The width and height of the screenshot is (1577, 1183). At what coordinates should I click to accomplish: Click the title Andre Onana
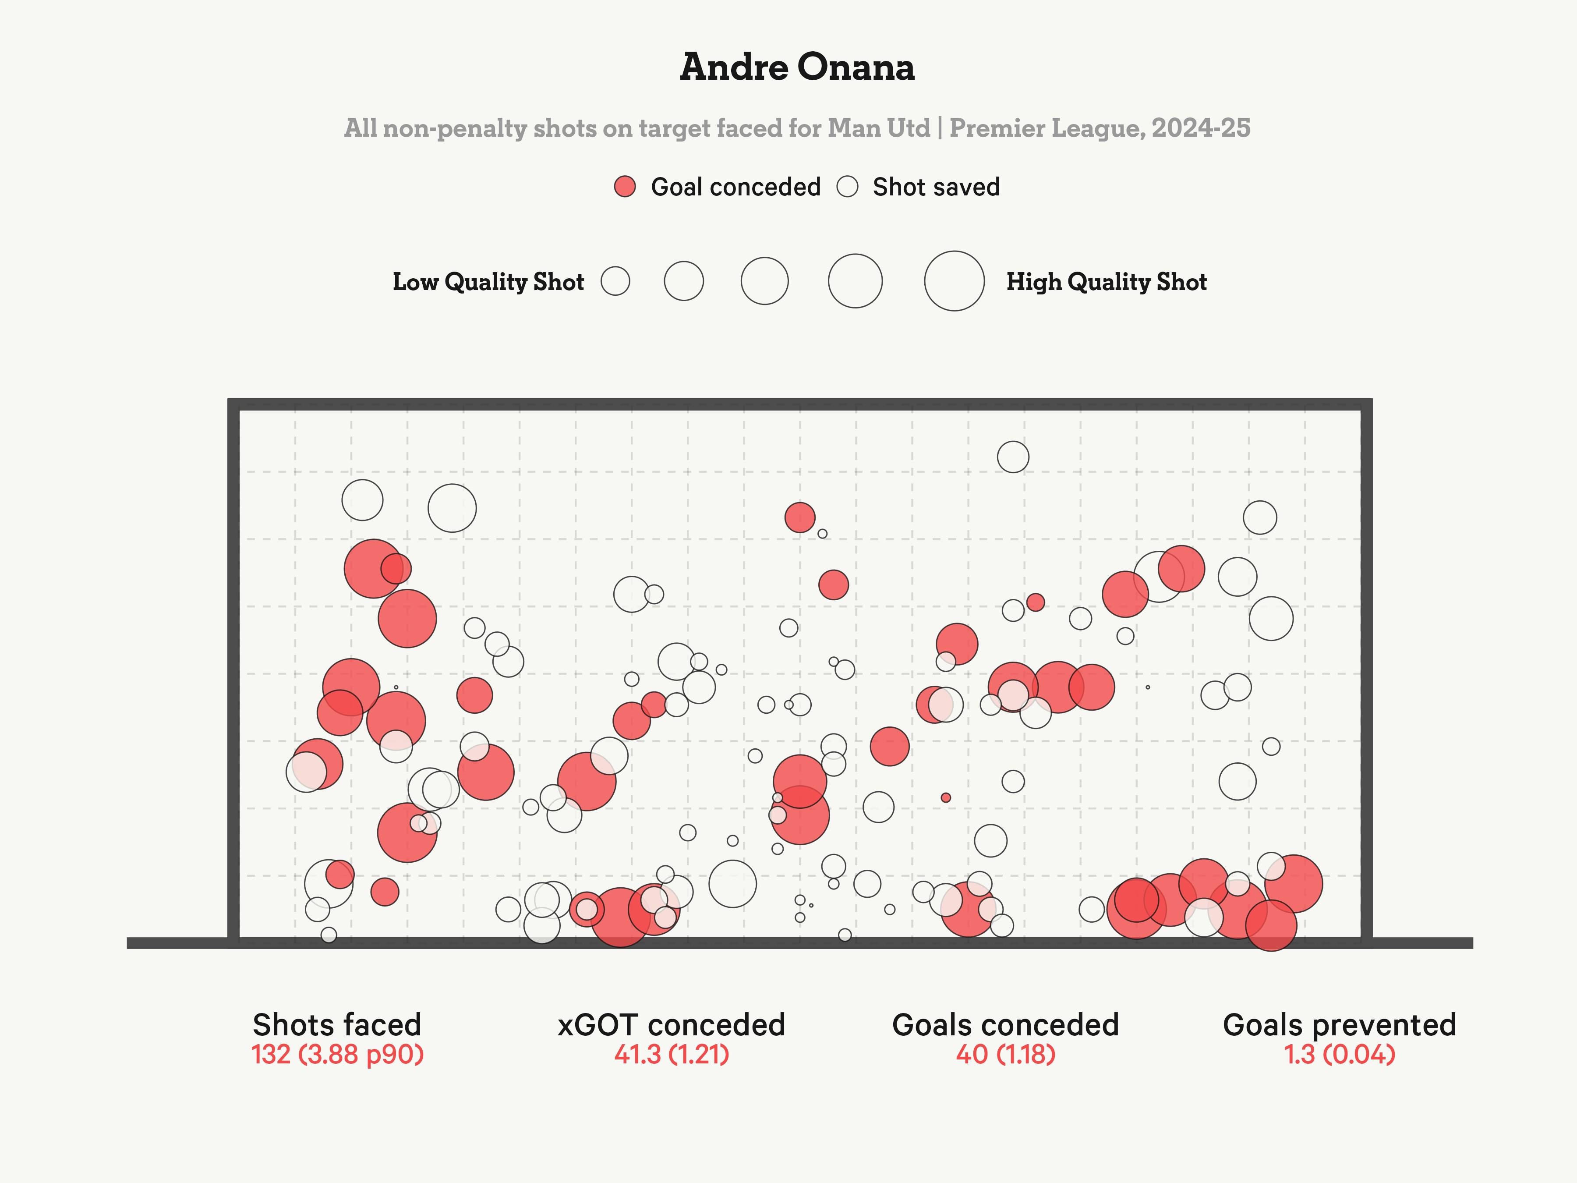[x=796, y=67]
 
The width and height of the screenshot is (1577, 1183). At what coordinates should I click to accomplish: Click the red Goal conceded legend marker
[x=625, y=187]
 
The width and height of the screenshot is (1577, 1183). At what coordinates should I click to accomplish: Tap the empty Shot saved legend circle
[x=847, y=187]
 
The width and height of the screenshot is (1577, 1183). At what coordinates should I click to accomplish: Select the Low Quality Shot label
[x=488, y=282]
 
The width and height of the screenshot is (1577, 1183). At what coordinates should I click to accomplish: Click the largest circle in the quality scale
[x=954, y=281]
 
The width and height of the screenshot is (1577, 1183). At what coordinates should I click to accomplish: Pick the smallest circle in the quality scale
[x=615, y=281]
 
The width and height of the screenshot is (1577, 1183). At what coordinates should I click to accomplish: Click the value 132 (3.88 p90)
[x=337, y=1055]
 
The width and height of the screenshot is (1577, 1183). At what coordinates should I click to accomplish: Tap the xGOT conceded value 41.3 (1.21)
[x=672, y=1055]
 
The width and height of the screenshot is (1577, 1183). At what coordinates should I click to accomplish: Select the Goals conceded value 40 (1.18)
[x=1005, y=1055]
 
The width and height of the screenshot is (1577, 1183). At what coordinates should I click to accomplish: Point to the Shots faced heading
[x=337, y=1025]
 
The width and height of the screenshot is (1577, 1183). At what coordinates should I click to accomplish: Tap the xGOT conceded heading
[x=672, y=1025]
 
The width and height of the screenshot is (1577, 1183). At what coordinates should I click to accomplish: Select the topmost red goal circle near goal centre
[x=800, y=517]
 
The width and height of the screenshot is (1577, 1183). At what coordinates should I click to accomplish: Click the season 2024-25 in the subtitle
[x=1201, y=128]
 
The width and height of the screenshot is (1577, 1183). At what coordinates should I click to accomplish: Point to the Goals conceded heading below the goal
[x=1005, y=1025]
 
